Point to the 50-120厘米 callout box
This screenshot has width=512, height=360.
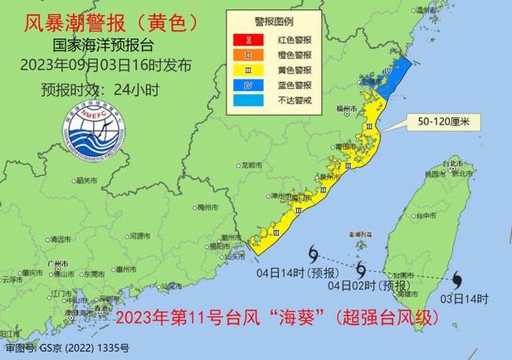click(x=436, y=122)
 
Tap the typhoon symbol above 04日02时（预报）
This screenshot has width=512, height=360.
click(x=361, y=269)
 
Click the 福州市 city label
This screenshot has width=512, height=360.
click(x=347, y=108)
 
